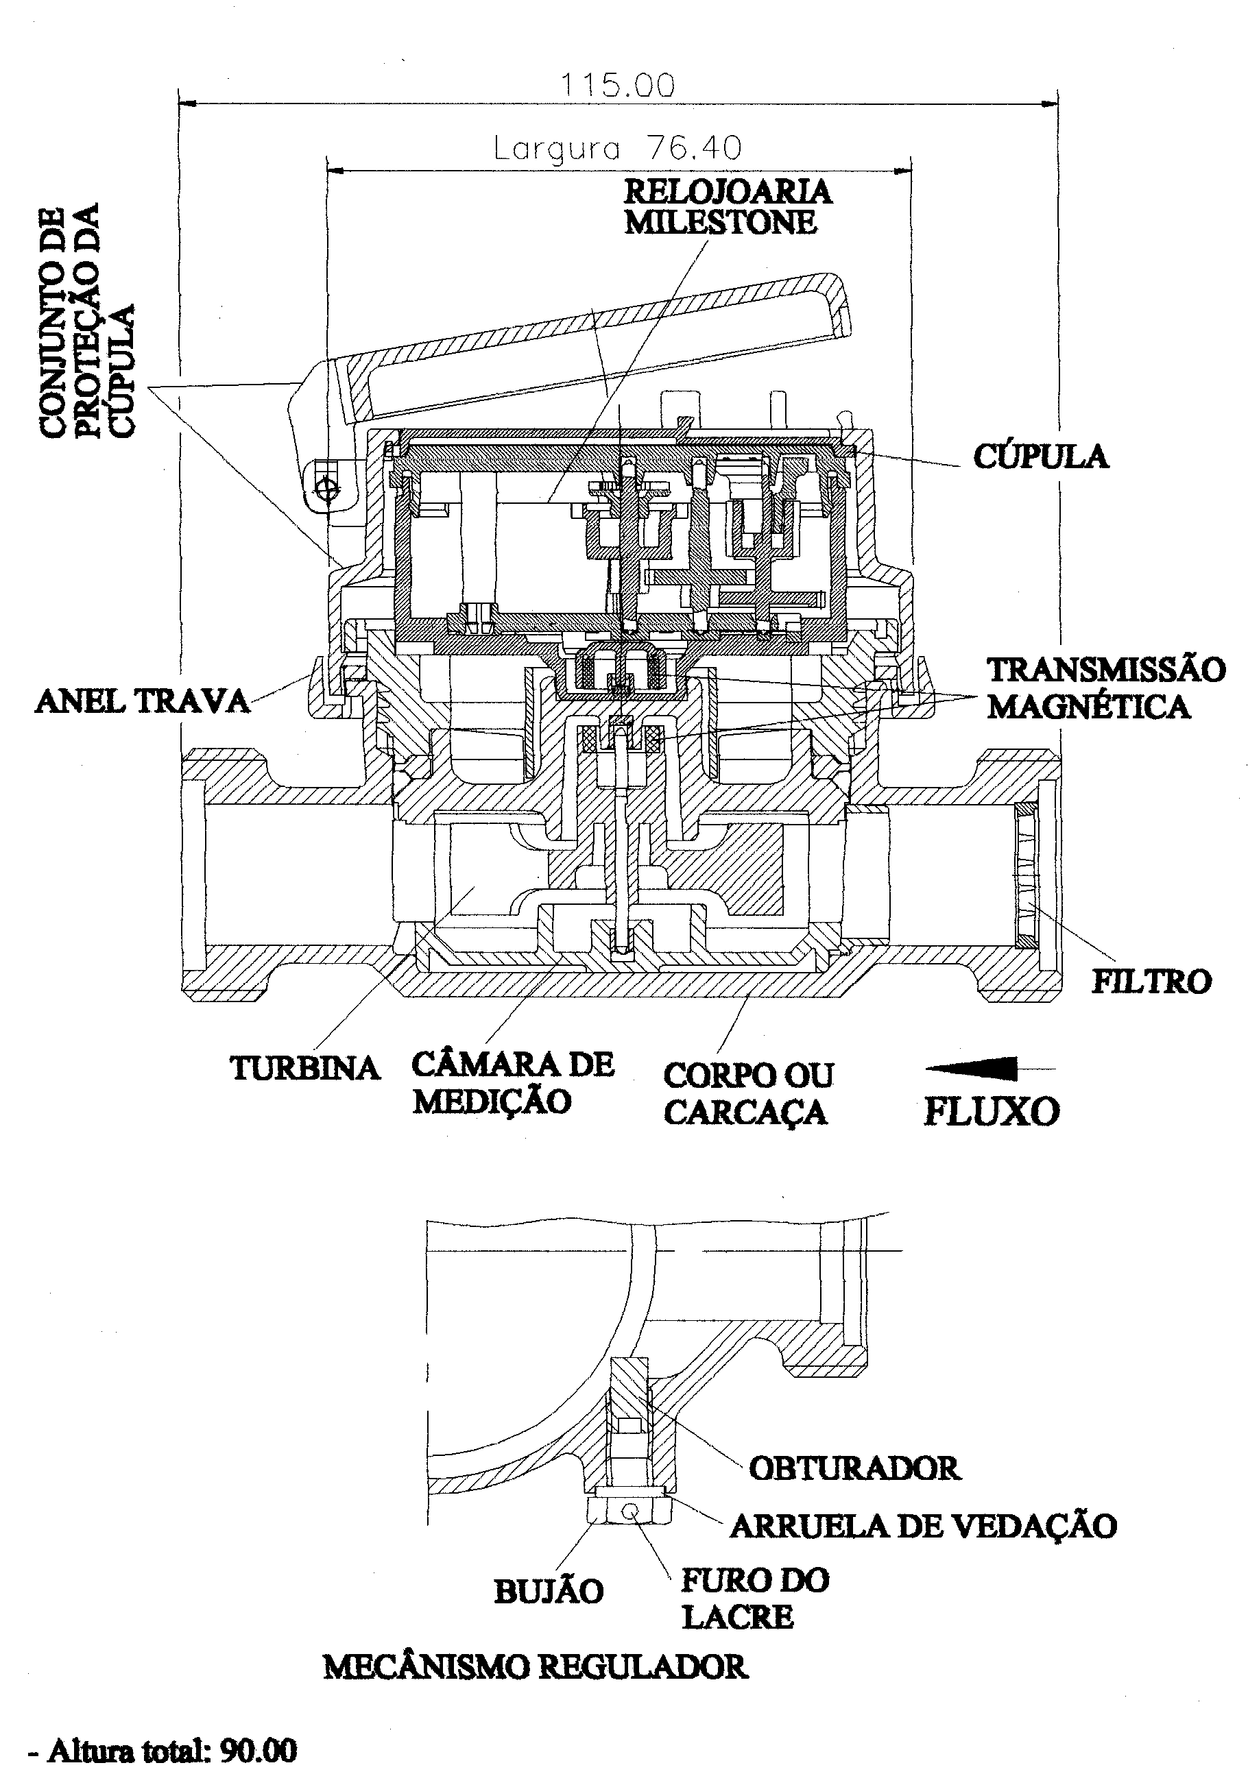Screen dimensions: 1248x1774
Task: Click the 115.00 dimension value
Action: pyautogui.click(x=616, y=84)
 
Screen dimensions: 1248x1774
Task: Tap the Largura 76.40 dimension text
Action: pyautogui.click(x=617, y=147)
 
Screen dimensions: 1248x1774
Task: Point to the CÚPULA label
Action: pyautogui.click(x=1040, y=456)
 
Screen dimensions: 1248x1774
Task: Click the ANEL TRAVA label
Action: pyautogui.click(x=143, y=701)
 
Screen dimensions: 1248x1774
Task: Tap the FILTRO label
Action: pyautogui.click(x=1151, y=982)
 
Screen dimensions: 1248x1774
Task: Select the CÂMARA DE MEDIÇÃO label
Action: pyautogui.click(x=513, y=1082)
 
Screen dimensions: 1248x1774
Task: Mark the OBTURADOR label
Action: pyautogui.click(x=854, y=1468)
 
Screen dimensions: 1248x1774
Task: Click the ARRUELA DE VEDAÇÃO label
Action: pyautogui.click(x=924, y=1525)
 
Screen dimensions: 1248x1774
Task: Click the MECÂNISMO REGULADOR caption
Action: pyautogui.click(x=536, y=1666)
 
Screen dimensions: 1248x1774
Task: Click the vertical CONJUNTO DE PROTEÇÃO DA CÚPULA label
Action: pyautogui.click(x=86, y=321)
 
